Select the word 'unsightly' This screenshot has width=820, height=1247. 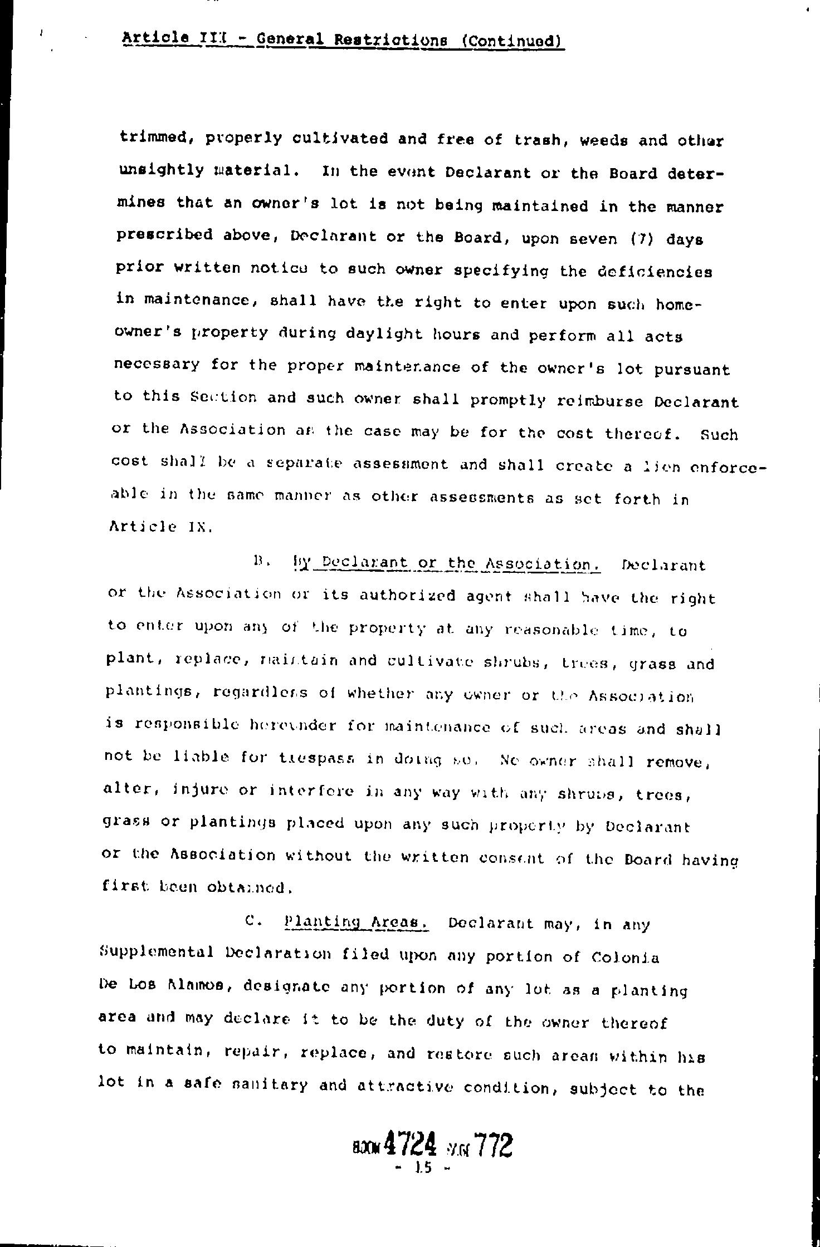click(x=162, y=170)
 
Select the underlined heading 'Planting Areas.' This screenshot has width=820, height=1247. click(x=355, y=922)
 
